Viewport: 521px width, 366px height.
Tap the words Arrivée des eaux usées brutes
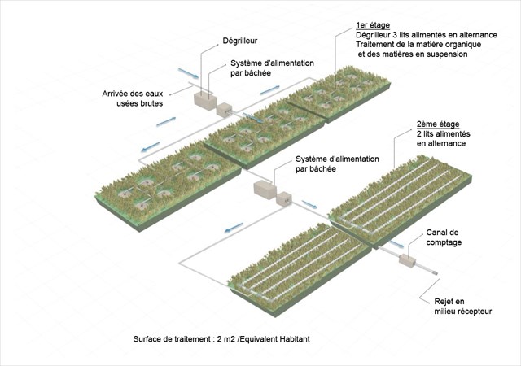pos(133,98)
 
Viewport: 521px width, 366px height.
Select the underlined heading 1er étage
pos(373,24)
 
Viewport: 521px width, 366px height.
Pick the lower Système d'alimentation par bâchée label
pos(328,163)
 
